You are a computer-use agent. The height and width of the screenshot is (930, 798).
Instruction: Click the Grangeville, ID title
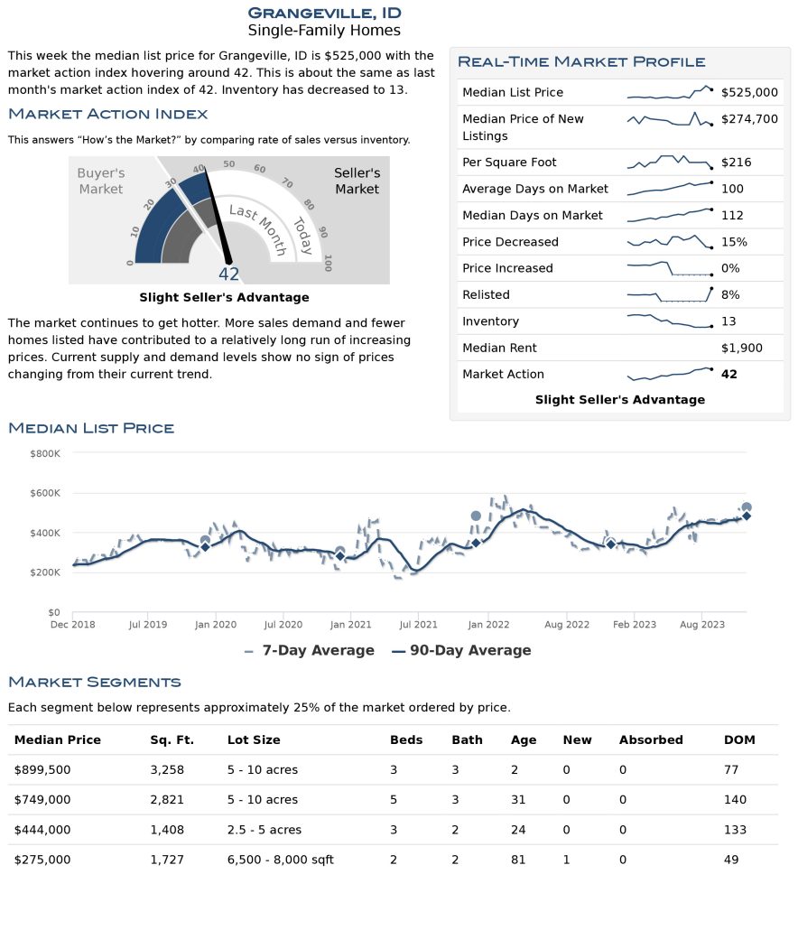coord(324,13)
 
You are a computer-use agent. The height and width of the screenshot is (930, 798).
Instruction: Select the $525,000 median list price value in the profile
coord(749,92)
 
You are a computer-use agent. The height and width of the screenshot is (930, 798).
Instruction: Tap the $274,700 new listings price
coord(749,119)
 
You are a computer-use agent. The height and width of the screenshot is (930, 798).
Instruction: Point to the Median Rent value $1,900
coord(742,348)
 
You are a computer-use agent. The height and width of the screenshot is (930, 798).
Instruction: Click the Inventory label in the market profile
coord(490,321)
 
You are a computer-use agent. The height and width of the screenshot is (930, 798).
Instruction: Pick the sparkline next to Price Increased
coord(669,269)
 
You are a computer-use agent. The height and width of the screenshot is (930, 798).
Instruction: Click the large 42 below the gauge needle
coord(229,274)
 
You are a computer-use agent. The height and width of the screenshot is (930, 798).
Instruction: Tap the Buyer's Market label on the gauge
coord(100,181)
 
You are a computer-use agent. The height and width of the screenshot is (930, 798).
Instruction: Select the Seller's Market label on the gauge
coord(357,181)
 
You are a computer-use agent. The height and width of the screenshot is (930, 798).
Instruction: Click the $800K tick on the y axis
coord(44,453)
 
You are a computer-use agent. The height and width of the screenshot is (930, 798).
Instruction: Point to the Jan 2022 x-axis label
coord(488,625)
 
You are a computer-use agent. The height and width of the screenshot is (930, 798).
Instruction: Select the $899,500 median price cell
coord(42,770)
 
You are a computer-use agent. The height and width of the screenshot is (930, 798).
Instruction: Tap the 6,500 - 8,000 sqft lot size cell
coord(280,860)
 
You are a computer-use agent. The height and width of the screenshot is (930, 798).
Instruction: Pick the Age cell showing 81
coord(518,860)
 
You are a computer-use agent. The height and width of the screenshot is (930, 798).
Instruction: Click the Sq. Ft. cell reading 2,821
coord(167,800)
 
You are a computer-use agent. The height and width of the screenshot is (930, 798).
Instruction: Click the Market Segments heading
coord(94,682)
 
